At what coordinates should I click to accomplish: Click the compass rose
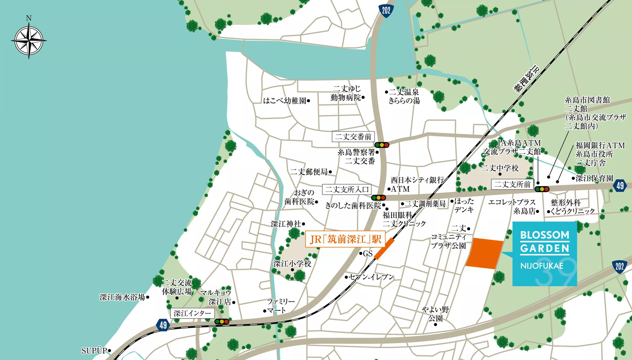(x=29, y=40)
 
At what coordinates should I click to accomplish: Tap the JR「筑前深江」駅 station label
(x=345, y=239)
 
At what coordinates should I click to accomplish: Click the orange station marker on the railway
(x=384, y=249)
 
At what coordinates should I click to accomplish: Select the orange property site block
(x=484, y=254)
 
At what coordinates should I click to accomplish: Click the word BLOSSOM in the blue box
(x=544, y=235)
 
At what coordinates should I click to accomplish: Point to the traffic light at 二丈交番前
(x=382, y=145)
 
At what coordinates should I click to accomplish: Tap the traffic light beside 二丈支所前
(x=542, y=189)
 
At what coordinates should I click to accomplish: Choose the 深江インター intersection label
(x=192, y=313)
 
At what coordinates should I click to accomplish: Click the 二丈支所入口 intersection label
(x=347, y=189)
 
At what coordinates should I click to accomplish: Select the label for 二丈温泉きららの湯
(x=404, y=96)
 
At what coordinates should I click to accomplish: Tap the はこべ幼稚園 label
(x=285, y=101)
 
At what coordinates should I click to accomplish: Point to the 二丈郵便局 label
(x=309, y=172)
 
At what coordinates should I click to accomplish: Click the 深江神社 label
(x=286, y=224)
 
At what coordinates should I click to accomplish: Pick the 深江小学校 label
(x=292, y=263)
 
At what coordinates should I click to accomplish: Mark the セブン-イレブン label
(x=371, y=277)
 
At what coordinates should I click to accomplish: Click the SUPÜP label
(x=94, y=351)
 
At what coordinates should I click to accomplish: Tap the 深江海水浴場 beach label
(x=122, y=297)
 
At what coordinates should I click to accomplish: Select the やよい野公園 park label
(x=435, y=314)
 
